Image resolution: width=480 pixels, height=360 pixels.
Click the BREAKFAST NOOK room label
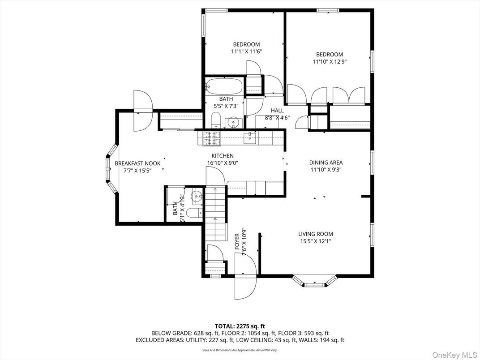click(x=137, y=163)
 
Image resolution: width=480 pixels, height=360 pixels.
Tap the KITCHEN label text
click(x=223, y=156)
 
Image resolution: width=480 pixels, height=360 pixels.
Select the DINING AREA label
click(x=326, y=163)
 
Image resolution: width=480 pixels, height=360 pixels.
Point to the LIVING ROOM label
click(x=316, y=234)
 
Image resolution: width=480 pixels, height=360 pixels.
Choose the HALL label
click(x=277, y=111)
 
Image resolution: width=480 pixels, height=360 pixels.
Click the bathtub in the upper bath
click(x=224, y=86)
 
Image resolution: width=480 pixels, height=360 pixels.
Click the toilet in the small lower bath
click(x=194, y=213)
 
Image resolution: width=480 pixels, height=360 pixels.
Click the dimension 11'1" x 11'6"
click(x=246, y=51)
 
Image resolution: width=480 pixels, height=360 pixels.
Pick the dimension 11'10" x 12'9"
click(x=328, y=62)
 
